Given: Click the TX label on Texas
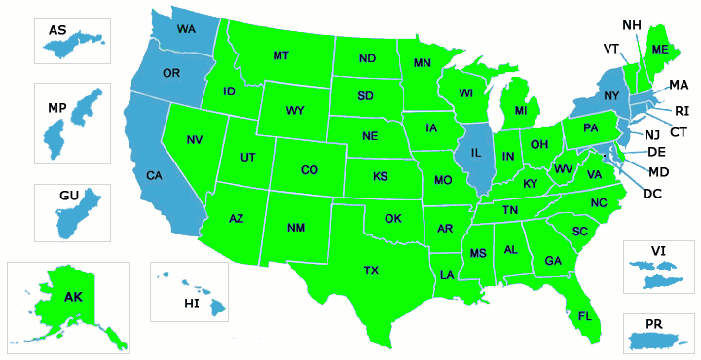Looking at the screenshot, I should coord(371,270).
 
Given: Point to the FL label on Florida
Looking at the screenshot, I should coord(585,317).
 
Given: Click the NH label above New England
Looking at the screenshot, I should coord(631,24).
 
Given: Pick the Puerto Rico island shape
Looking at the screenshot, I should coord(659,340).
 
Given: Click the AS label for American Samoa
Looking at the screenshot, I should coord(57,31).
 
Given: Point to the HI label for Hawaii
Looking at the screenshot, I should coord(192,305).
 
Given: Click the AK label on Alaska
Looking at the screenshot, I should coord(74,297).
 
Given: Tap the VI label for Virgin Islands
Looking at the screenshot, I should coord(658,251).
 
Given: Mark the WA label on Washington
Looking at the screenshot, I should coord(186,29).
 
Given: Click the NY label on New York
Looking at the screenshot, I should coord(611,95).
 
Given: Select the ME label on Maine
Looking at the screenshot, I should coord(660,50).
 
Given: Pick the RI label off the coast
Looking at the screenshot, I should coord(682,110).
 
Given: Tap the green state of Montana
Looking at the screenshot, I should coord(281,55).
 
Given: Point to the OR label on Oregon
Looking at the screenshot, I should coord(171,74).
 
